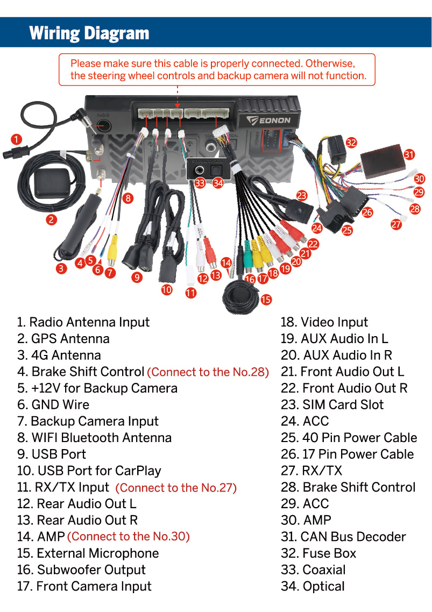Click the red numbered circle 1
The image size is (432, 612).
coord(17,139)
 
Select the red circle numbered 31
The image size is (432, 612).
coord(409,154)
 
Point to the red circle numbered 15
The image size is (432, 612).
coord(266,300)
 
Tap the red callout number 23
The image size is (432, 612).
coord(301,196)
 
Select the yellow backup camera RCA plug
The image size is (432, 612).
coord(112,253)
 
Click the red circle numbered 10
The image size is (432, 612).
coord(167,289)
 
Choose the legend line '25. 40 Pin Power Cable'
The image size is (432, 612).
coord(349,438)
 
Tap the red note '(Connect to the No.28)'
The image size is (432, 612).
coord(208,372)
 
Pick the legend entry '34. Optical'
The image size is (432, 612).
coord(313,586)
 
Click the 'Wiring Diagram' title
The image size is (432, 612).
coord(89,33)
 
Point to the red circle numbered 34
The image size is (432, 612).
coord(217,183)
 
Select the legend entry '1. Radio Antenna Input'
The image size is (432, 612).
coord(83,322)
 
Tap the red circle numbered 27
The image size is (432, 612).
coord(396,225)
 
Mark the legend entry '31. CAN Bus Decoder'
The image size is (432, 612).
coord(343,537)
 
